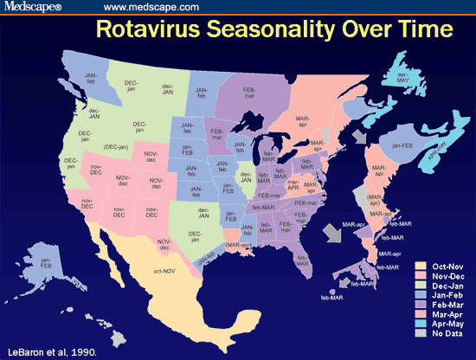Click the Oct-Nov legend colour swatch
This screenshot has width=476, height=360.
[420, 267]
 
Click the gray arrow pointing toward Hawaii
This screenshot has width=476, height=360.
[344, 282]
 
